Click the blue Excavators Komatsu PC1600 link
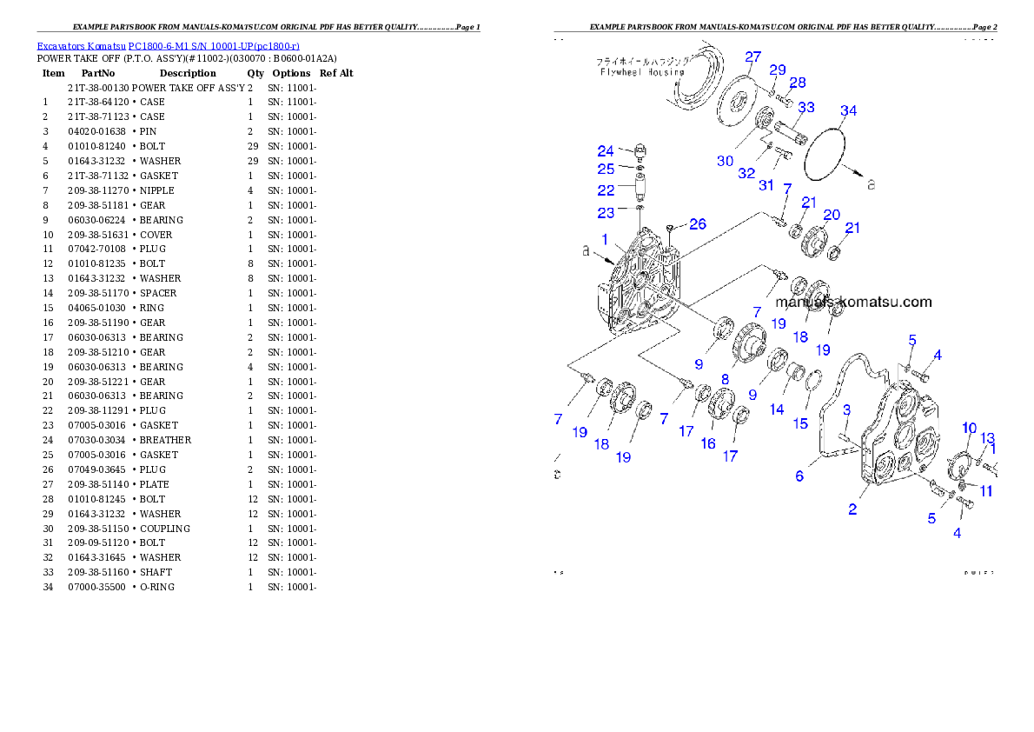point(168,46)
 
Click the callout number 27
point(752,57)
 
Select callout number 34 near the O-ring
point(848,110)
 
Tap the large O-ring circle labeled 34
point(827,160)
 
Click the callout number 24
point(605,151)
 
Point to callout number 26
point(697,225)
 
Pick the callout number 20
point(831,215)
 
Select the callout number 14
point(776,409)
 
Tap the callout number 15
point(800,423)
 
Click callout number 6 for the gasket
point(799,476)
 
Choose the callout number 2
point(852,509)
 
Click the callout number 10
point(969,427)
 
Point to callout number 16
point(708,443)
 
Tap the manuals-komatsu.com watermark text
point(853,303)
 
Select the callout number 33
point(806,108)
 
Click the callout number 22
point(605,190)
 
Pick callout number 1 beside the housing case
point(605,237)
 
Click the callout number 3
point(845,409)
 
